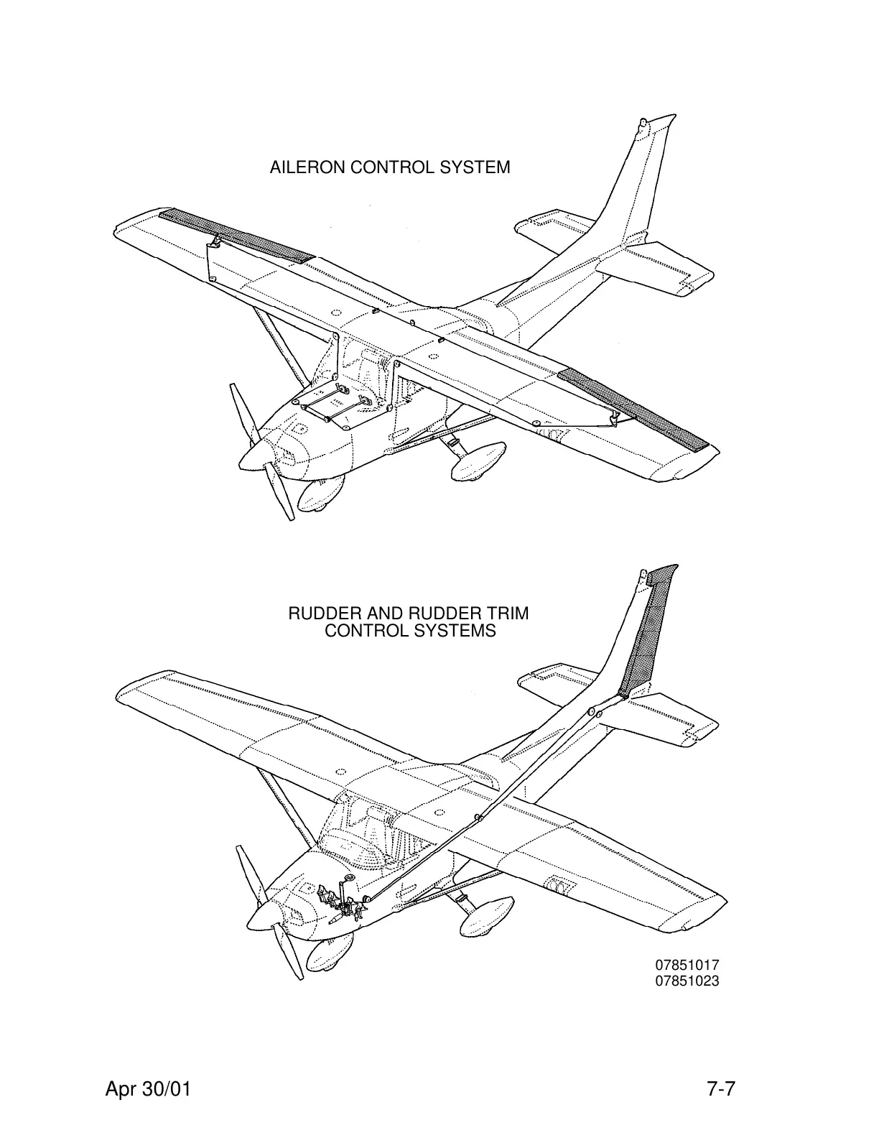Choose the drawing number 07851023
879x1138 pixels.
coord(686,981)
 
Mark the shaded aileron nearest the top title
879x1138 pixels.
coord(236,235)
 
